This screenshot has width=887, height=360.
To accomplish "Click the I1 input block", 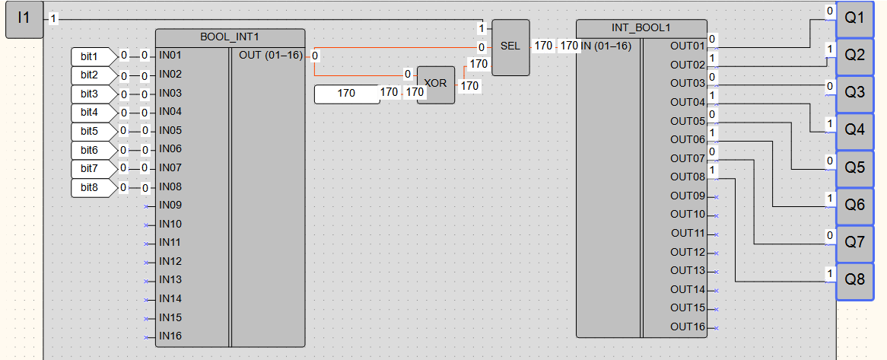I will point(24,18).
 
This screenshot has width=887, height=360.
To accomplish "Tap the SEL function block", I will point(510,46).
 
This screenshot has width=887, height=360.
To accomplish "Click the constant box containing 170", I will point(346,94).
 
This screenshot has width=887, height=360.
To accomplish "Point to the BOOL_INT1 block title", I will point(230,36).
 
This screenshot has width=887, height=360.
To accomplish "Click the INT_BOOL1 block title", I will point(641,27).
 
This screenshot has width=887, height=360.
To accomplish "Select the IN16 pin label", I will point(170,336).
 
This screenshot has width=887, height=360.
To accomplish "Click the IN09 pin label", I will point(170,205).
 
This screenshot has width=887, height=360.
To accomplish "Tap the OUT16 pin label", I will point(688,327).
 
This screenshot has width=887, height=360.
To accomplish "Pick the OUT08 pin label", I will point(688,177).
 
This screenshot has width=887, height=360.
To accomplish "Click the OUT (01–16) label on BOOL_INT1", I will point(271,55).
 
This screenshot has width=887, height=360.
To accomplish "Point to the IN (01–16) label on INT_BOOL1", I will point(606,46).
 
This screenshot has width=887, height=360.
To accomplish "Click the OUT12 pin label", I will point(688,252).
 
